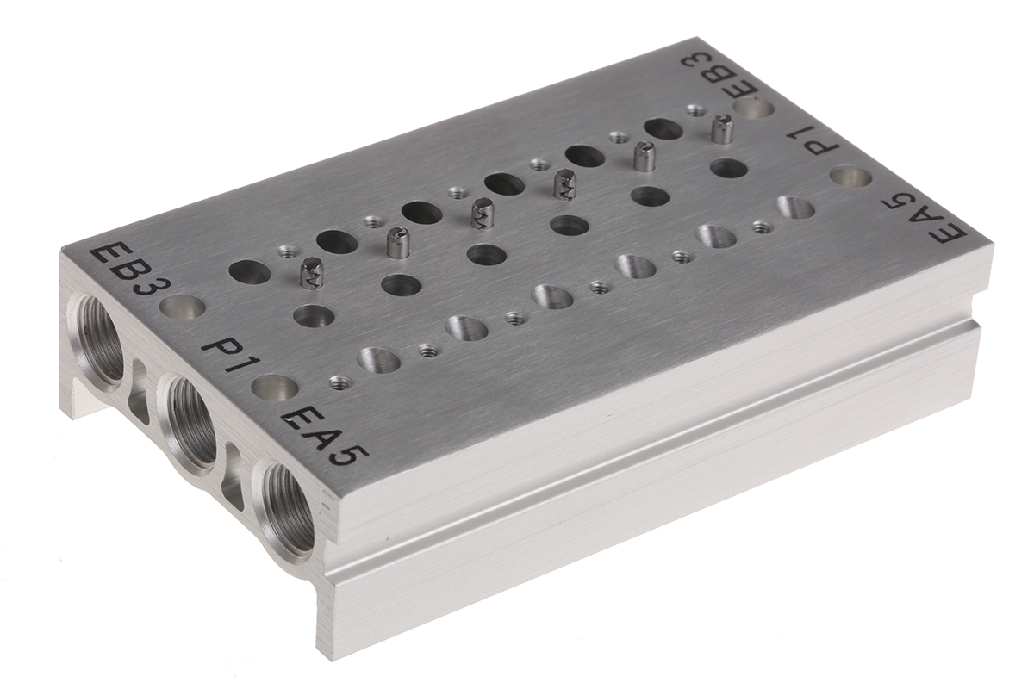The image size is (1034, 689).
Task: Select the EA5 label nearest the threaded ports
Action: point(325,436)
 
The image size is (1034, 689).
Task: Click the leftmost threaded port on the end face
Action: point(99,337)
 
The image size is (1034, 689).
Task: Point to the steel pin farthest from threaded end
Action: point(722,129)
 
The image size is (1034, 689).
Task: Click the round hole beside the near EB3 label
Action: point(184,307)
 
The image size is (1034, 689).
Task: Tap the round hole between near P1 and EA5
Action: point(274,388)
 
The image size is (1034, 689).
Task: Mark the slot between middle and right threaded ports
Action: point(234,475)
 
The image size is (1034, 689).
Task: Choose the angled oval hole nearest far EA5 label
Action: point(795,208)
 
